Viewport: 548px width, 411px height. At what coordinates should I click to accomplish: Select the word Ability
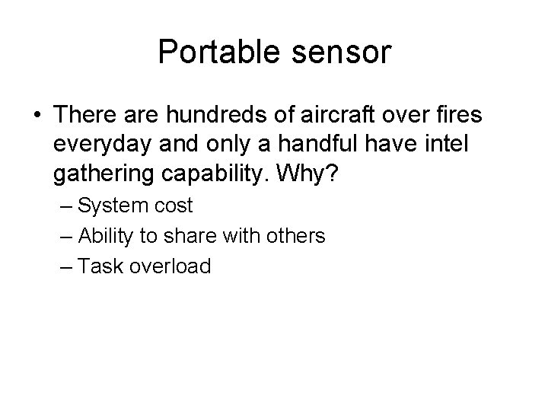[x=106, y=237]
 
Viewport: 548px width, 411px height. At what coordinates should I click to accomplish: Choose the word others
[x=298, y=237]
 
